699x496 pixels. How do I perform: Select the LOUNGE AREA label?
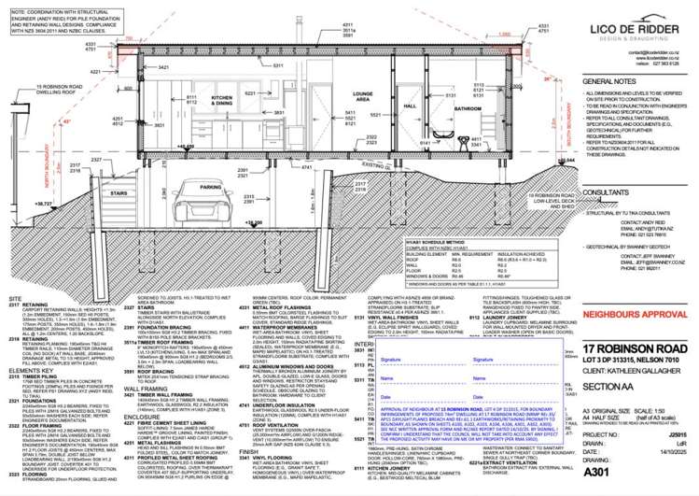point(337,96)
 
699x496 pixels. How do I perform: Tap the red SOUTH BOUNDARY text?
point(541,145)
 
